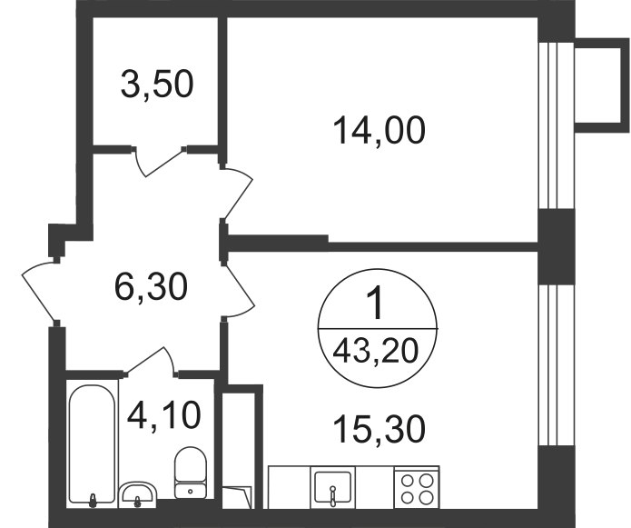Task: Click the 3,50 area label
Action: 157,85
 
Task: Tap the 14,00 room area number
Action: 380,130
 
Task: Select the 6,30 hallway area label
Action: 151,287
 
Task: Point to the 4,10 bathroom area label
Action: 163,415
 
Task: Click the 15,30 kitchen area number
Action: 380,429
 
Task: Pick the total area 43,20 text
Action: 377,351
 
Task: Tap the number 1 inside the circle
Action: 377,304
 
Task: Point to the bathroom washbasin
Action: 137,493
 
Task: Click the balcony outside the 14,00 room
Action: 603,85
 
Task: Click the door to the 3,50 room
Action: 159,161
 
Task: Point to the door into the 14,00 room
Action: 238,193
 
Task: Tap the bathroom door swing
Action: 151,362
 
